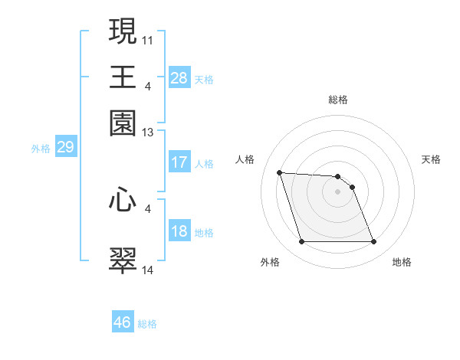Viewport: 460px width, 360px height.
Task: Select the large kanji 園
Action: (123, 123)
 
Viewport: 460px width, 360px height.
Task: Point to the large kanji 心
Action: (123, 200)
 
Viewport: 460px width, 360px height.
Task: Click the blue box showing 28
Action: (179, 78)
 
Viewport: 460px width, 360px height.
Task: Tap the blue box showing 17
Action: (179, 162)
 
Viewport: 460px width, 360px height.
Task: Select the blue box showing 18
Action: (179, 232)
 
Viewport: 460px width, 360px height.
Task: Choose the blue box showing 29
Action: (65, 148)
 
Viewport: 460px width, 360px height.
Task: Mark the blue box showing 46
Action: (123, 322)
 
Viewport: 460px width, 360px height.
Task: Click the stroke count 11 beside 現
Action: (148, 38)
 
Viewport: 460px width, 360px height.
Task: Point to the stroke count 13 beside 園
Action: (148, 132)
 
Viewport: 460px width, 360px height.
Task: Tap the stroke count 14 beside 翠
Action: (148, 269)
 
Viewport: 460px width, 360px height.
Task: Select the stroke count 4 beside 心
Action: (148, 208)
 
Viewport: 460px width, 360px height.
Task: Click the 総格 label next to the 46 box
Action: (148, 324)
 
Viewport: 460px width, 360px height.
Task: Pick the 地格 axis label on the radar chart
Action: (402, 263)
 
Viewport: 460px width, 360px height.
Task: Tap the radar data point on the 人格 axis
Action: (280, 172)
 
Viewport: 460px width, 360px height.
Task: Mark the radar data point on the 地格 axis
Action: (373, 242)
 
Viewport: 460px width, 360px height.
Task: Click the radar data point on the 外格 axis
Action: (301, 242)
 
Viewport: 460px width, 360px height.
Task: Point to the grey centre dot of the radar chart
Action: (337, 191)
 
